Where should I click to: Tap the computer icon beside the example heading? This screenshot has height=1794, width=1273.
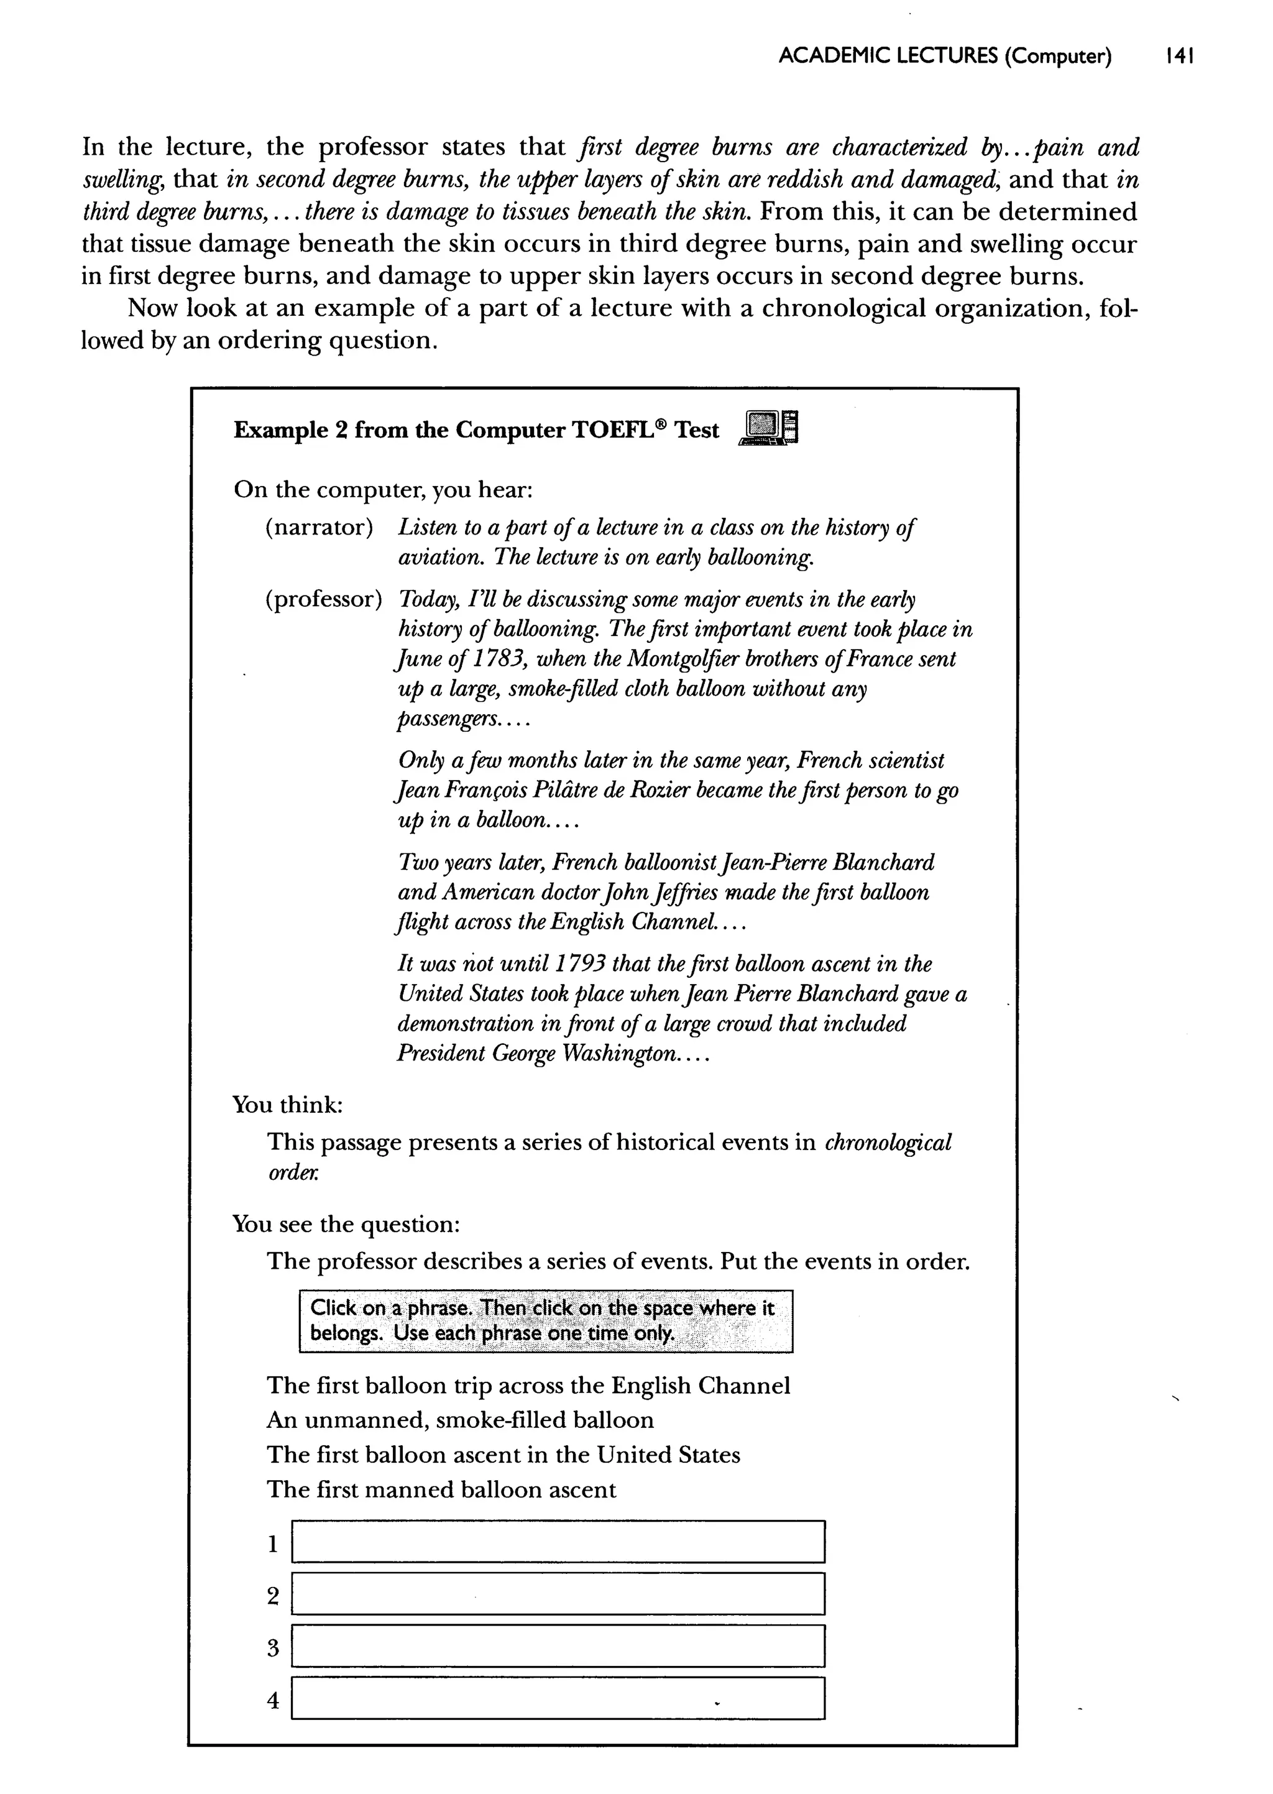coord(768,429)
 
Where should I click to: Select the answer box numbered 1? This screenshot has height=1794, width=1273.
coord(558,1542)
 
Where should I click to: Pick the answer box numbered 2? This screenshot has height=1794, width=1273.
coord(558,1594)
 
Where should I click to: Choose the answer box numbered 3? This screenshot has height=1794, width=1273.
coord(558,1646)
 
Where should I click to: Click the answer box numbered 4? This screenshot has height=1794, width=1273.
coord(558,1698)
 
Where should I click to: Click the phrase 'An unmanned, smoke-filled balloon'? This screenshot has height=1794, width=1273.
coord(460,1420)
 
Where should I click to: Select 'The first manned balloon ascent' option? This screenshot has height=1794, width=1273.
coord(441,1489)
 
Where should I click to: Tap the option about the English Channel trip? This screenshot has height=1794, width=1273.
coord(528,1386)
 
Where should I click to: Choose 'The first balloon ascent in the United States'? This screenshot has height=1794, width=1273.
coord(503,1455)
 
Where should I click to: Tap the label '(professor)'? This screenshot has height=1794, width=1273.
coord(324,600)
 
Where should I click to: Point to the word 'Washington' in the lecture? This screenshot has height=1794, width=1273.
coord(615,1054)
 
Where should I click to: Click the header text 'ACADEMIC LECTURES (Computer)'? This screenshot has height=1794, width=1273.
coord(945,57)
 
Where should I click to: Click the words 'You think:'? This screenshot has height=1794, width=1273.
coord(288,1105)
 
